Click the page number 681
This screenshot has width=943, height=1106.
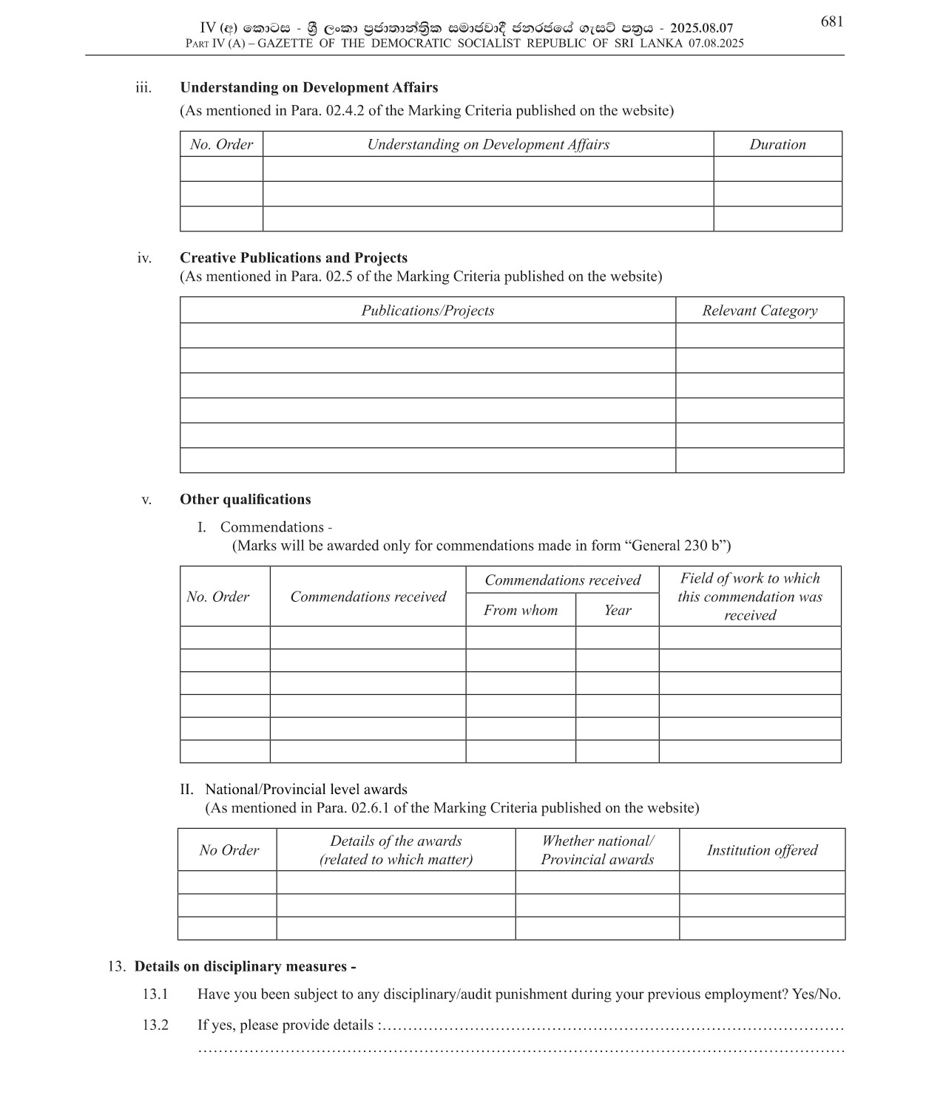[x=831, y=22]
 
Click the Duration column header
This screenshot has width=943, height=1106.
[x=777, y=144]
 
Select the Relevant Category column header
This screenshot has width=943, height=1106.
[x=760, y=311]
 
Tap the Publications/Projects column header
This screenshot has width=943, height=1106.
[x=427, y=311]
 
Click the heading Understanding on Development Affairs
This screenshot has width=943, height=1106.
[x=308, y=87]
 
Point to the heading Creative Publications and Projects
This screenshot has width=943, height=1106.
[x=293, y=257]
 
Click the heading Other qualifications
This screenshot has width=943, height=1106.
[x=245, y=499]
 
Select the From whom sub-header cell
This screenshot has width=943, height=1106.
[x=521, y=610]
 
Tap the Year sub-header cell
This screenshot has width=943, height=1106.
[x=617, y=610]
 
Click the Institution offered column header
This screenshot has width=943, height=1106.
[x=762, y=850]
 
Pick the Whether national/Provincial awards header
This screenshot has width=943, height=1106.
[x=597, y=850]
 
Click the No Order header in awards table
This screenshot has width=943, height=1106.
[x=229, y=850]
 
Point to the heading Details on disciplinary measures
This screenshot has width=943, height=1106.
[x=245, y=966]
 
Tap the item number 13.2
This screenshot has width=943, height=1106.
[x=155, y=1025]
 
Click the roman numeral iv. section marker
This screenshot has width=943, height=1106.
[x=144, y=258]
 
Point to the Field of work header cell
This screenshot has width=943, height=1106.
[x=750, y=597]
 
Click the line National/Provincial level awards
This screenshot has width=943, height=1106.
[x=306, y=789]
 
